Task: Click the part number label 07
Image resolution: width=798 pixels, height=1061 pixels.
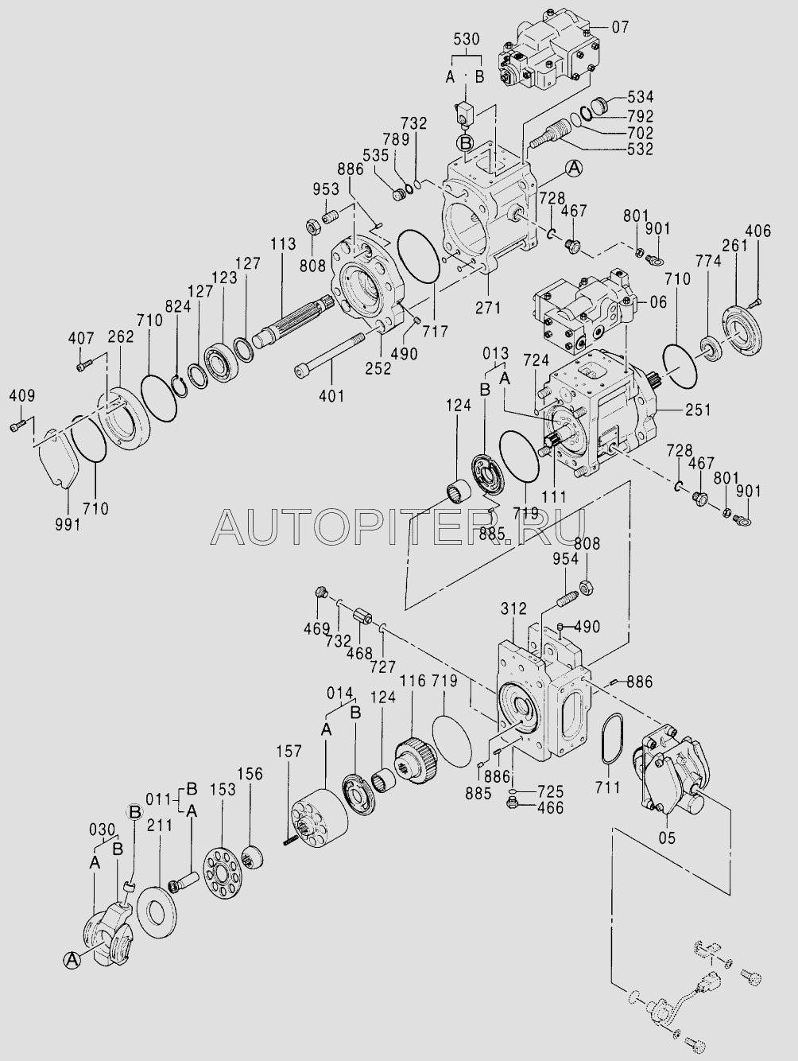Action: click(x=620, y=27)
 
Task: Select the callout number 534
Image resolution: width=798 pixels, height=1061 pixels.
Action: click(x=640, y=97)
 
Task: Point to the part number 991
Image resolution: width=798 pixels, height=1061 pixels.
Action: click(x=67, y=527)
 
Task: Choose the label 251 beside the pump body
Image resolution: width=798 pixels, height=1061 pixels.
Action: click(x=697, y=410)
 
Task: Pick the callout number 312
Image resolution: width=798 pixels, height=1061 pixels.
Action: click(x=513, y=609)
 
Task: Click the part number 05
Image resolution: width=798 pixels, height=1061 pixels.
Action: click(x=667, y=837)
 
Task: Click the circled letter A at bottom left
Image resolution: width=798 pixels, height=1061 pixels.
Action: click(x=72, y=960)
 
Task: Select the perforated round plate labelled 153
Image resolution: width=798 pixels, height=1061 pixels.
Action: click(x=222, y=873)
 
